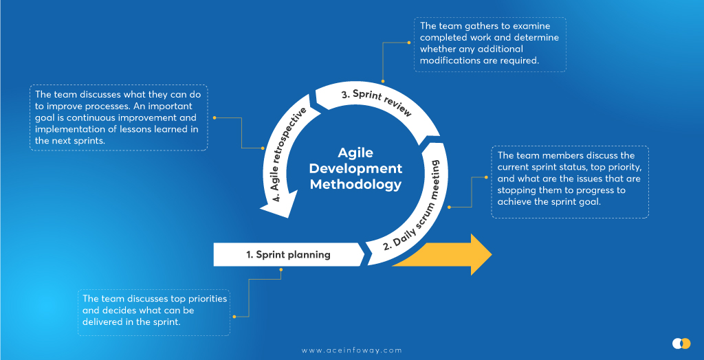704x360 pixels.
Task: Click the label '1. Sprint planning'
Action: click(x=288, y=254)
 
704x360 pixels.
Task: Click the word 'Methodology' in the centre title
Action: click(x=355, y=183)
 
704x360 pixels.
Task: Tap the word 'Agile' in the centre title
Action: click(x=355, y=153)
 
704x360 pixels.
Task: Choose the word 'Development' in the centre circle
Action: click(x=355, y=168)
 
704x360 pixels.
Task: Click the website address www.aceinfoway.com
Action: click(x=351, y=350)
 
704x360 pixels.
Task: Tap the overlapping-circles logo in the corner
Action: click(x=681, y=343)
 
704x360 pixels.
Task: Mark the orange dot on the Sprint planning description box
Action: click(x=234, y=316)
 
